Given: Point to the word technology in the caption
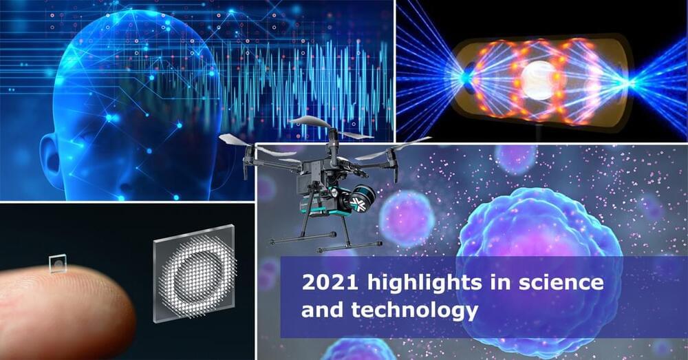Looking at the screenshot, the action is click(x=414, y=311).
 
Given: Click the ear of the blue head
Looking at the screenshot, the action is click(x=50, y=158).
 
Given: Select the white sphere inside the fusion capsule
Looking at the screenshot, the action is click(x=539, y=80).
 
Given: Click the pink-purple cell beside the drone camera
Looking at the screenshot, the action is click(x=406, y=218).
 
